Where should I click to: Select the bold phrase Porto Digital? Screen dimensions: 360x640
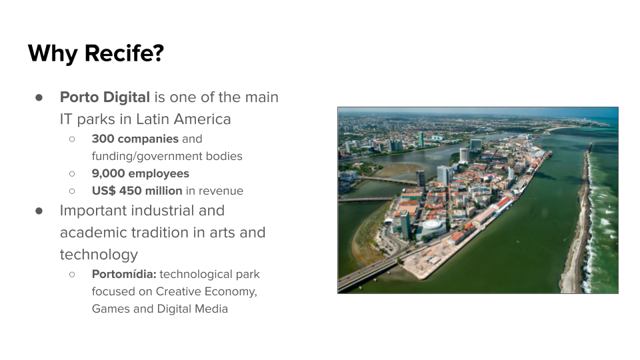(x=105, y=97)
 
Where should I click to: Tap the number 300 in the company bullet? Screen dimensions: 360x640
(x=102, y=139)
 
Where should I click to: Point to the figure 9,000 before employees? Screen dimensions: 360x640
(x=108, y=173)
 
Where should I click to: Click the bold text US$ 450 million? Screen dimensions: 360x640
(x=137, y=191)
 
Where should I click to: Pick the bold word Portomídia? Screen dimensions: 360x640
(x=124, y=274)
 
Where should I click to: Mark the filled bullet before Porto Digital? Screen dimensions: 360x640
(x=39, y=97)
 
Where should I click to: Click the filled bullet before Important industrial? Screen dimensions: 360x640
(x=39, y=211)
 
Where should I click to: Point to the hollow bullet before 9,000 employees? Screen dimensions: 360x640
(x=72, y=173)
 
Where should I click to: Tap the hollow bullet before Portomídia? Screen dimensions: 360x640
(x=72, y=274)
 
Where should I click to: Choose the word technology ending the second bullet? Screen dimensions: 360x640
(x=99, y=255)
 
